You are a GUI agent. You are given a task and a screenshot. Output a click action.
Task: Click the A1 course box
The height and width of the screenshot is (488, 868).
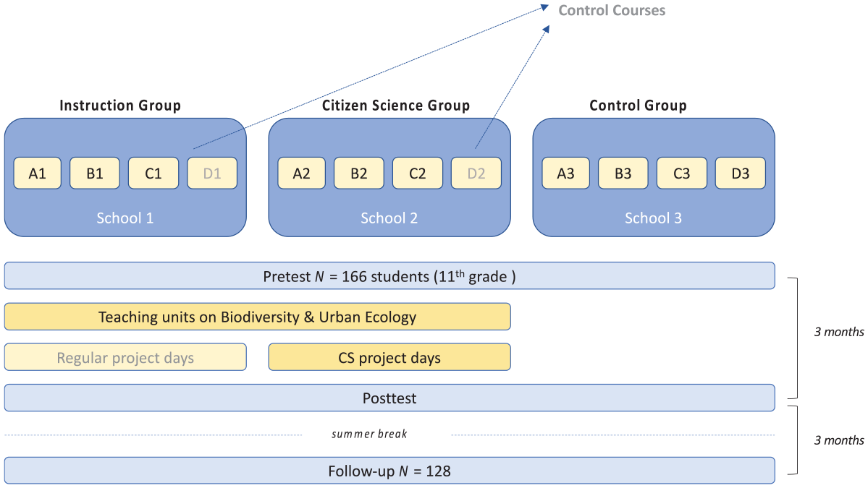(x=37, y=173)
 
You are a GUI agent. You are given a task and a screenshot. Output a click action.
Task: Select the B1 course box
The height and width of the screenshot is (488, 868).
(x=95, y=173)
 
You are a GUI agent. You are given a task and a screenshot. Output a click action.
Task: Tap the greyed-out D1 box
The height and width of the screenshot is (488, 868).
(x=212, y=173)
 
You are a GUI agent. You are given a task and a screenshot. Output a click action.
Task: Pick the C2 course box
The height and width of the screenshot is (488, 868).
(x=418, y=173)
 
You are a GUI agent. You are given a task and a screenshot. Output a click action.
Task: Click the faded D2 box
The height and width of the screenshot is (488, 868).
(x=476, y=173)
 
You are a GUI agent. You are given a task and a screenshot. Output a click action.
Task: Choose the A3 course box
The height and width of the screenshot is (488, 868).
(x=565, y=173)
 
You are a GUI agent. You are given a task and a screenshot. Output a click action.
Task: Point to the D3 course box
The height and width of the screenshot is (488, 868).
(x=740, y=173)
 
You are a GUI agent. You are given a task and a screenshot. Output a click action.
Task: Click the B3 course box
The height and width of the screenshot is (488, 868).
(x=623, y=173)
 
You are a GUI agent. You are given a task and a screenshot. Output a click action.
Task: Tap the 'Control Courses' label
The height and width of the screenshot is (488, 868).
(x=612, y=11)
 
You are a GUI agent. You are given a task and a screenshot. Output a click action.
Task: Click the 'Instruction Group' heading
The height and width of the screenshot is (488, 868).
(x=120, y=106)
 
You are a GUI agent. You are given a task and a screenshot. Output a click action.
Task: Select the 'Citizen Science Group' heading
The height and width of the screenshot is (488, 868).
(x=396, y=106)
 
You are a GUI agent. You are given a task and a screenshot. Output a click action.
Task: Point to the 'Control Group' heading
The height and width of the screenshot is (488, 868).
(x=638, y=106)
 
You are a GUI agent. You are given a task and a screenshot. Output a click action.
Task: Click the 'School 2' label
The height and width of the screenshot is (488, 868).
(x=389, y=218)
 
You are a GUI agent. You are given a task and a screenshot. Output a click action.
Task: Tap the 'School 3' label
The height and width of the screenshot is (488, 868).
(x=653, y=218)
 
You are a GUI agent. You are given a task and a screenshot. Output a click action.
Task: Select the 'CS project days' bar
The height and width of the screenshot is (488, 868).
(x=389, y=357)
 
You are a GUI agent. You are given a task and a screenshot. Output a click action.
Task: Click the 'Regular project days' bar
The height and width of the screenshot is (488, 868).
(x=125, y=357)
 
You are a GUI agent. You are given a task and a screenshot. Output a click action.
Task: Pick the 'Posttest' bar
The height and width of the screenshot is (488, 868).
(x=389, y=398)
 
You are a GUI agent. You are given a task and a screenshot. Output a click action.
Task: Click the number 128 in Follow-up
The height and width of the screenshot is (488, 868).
(x=438, y=471)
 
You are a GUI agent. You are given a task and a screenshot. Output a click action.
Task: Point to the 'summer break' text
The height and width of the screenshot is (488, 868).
(x=369, y=435)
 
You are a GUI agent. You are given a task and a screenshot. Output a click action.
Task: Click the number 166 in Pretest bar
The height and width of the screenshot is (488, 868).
(x=354, y=276)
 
